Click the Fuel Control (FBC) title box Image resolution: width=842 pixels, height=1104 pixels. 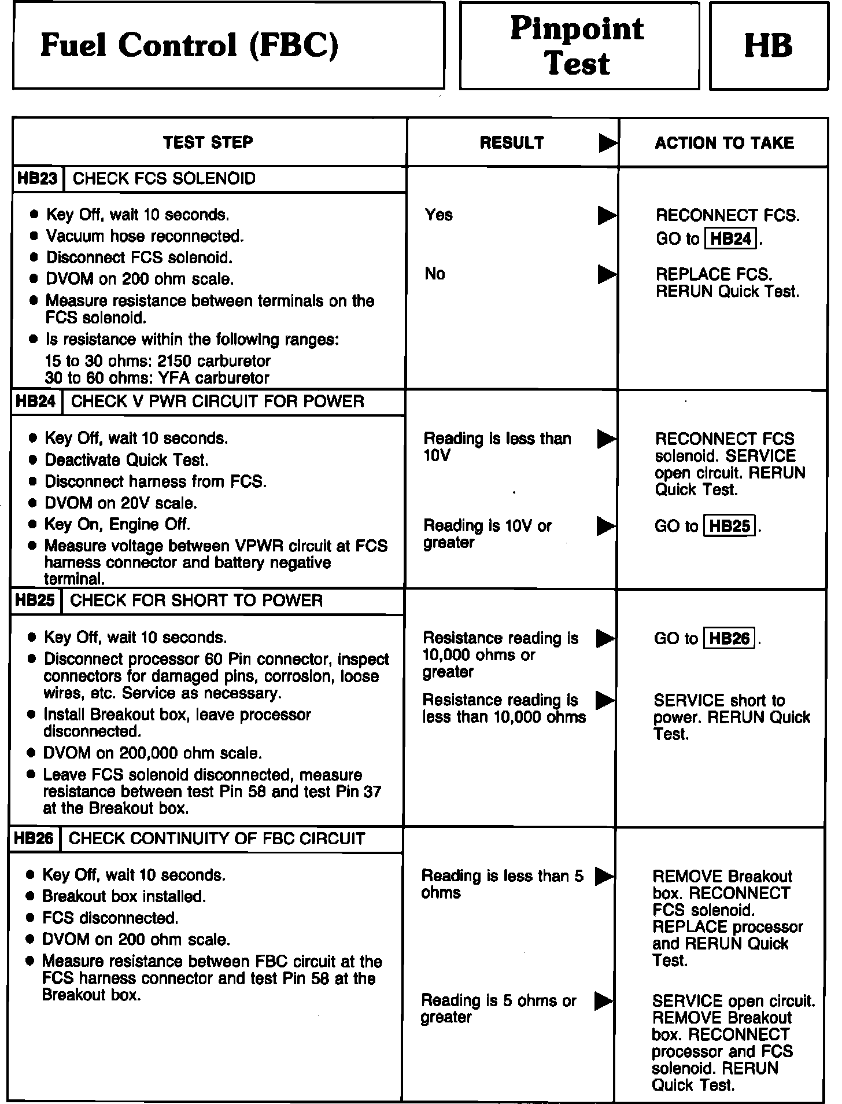point(228,45)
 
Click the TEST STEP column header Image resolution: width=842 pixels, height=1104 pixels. point(208,142)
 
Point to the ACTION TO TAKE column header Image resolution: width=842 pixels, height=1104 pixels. point(724,142)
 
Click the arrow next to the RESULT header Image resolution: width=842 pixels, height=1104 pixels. point(607,143)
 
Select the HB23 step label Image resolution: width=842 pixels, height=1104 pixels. point(38,178)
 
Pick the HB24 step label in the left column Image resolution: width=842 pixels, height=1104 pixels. point(36,402)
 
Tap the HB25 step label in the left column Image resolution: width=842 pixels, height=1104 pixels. point(35,600)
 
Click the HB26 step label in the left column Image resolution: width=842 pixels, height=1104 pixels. point(34,838)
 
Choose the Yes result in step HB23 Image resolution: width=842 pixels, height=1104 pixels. point(438,215)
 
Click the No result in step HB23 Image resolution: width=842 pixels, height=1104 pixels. point(435,273)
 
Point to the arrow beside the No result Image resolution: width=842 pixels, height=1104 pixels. point(607,274)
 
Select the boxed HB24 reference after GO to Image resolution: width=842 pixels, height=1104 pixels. point(731,238)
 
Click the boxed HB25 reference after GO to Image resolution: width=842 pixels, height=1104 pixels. point(730,526)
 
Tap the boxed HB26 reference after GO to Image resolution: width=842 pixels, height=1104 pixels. point(729,638)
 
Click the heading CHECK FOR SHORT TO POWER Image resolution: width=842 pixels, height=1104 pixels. point(196,600)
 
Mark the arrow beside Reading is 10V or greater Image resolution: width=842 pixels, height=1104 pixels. point(606,526)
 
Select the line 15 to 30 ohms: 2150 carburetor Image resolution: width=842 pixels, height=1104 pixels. point(157,361)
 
